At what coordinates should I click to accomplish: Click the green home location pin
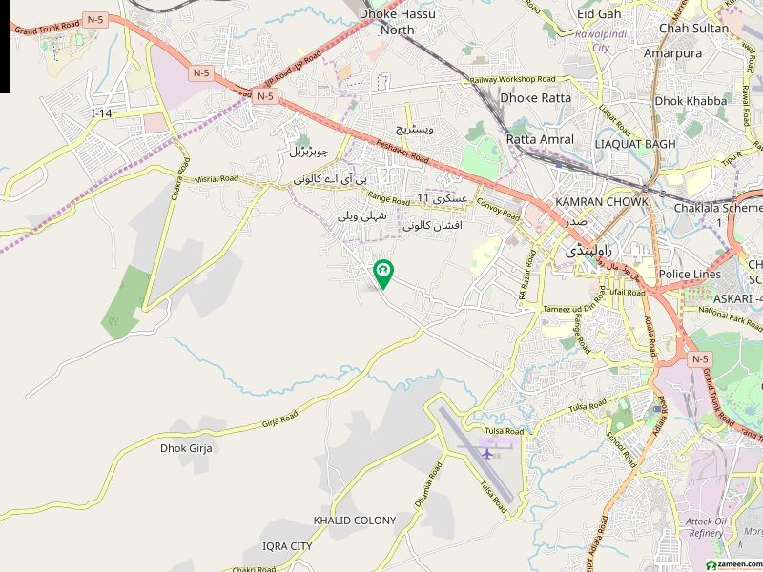tap(382, 275)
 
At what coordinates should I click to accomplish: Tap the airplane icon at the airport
tap(487, 453)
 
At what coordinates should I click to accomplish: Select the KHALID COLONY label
tap(354, 521)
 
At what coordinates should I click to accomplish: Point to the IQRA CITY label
tap(287, 546)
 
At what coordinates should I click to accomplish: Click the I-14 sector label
tap(102, 113)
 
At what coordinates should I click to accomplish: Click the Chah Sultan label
tap(693, 29)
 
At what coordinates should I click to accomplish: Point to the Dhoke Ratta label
tap(536, 97)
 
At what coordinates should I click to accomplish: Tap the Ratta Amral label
tap(540, 139)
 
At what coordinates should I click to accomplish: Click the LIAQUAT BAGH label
tap(634, 144)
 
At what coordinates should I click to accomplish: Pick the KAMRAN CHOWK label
tap(602, 202)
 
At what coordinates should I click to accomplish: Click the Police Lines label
tap(690, 275)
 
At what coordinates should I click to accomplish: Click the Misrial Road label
tap(216, 178)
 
